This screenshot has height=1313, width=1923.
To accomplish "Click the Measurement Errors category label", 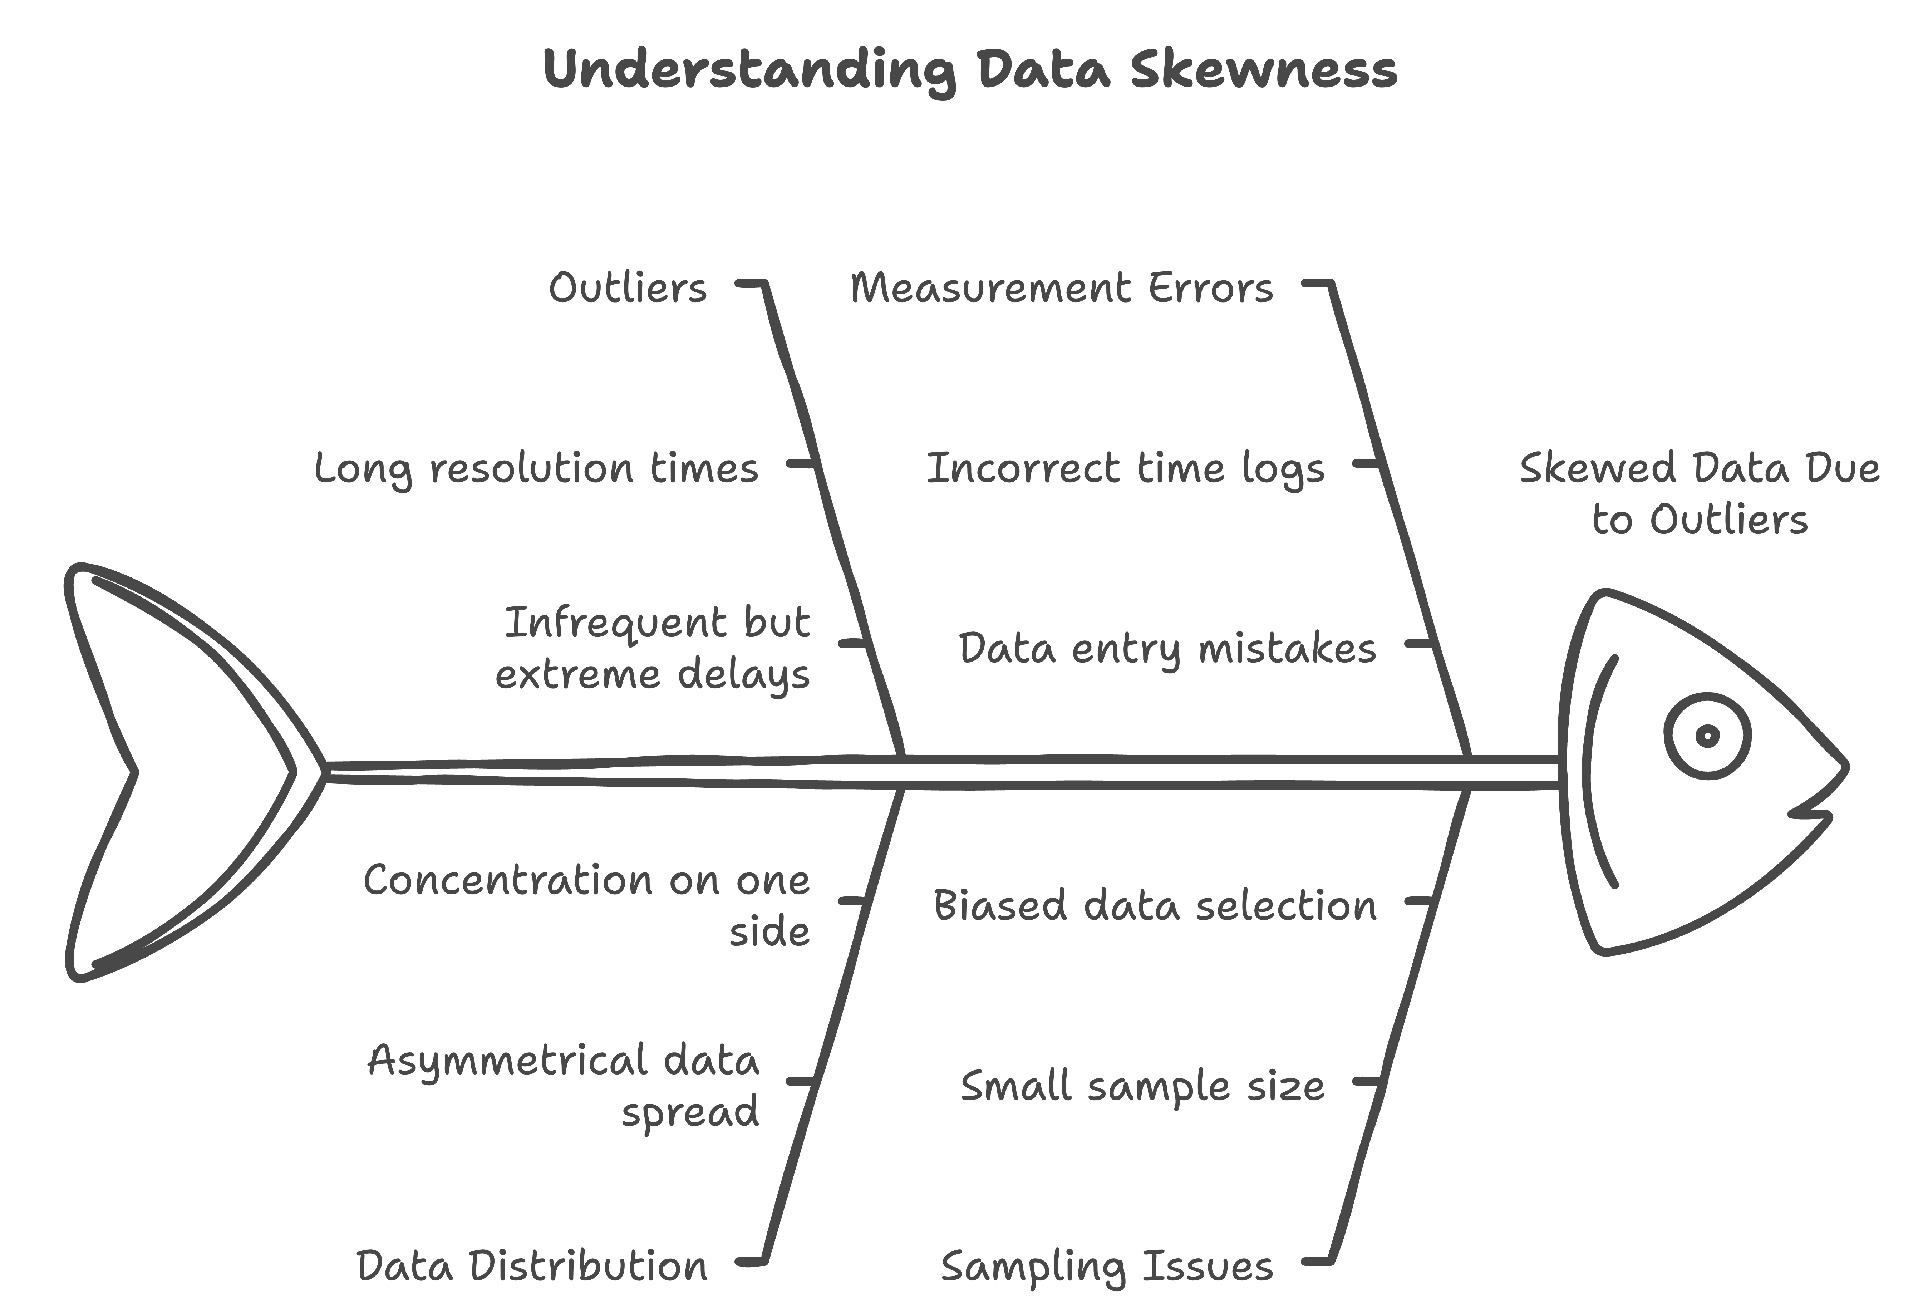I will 1062,289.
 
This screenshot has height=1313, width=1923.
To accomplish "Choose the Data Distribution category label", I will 532,1267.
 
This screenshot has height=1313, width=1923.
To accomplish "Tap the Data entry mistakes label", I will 1167,649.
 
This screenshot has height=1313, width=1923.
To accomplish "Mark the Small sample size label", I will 1142,1086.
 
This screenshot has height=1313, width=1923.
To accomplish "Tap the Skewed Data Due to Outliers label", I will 1700,494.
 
